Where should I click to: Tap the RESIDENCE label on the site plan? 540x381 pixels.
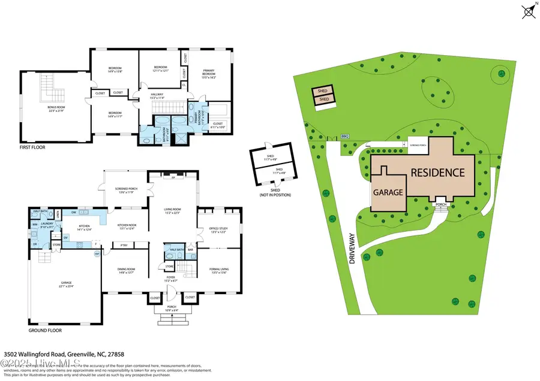tap(437, 173)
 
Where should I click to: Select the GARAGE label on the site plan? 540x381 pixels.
tap(389, 193)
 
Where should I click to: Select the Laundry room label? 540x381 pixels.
tap(47, 226)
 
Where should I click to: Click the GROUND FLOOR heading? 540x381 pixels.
tap(44, 330)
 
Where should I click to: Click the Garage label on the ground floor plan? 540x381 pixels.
tap(64, 285)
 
